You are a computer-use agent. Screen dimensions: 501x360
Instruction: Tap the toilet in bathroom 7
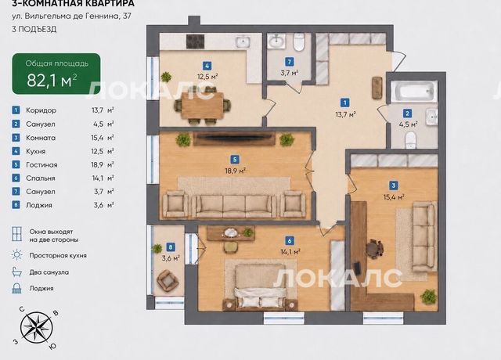tap(299, 42)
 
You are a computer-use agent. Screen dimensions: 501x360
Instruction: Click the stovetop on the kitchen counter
tap(195, 41)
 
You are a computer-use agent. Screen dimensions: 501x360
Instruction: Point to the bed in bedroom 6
tap(260, 286)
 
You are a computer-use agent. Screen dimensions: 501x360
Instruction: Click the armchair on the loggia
tap(168, 279)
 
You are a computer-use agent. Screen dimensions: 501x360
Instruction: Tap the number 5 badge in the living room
tap(235, 159)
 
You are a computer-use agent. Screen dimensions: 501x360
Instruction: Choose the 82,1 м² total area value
tap(52, 80)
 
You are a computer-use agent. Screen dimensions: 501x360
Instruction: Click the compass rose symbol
tap(37, 327)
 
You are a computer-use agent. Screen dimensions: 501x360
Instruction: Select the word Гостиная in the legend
tap(41, 165)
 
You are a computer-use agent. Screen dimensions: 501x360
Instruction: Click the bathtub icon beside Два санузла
tap(16, 272)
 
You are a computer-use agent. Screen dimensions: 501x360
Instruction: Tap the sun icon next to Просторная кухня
tap(16, 255)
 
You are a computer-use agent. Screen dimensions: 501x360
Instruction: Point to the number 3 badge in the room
tap(393, 185)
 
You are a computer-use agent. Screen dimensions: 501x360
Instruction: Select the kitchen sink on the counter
tap(243, 41)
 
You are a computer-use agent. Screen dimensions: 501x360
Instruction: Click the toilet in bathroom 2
tap(410, 140)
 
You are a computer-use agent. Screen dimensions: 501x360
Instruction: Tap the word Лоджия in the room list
tap(39, 205)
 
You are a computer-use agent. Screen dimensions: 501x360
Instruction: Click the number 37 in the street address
tap(127, 16)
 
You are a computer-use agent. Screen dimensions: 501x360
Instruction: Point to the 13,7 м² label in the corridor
tap(346, 114)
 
